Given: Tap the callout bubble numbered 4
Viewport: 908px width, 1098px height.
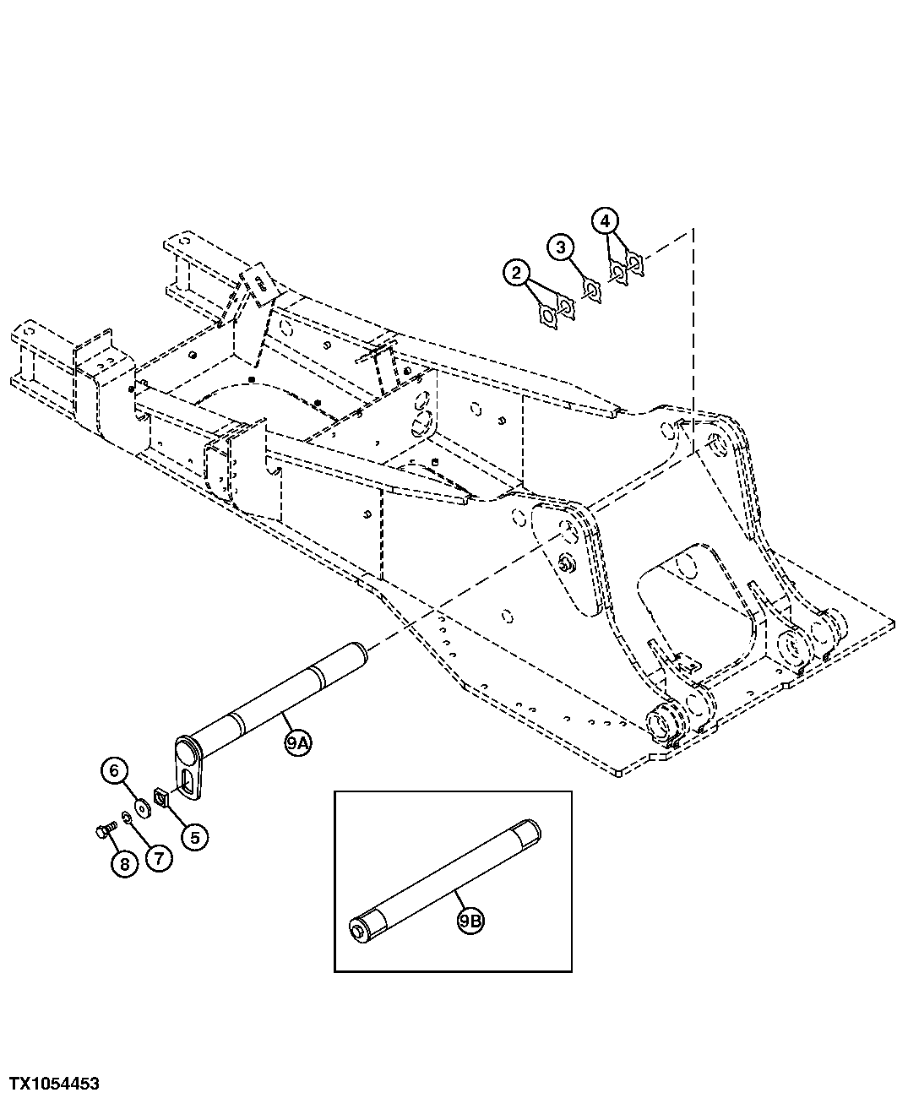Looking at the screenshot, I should pyautogui.click(x=605, y=220).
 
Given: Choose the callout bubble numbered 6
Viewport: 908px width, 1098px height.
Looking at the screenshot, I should pyautogui.click(x=115, y=770).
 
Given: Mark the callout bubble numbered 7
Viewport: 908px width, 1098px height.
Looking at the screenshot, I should pyautogui.click(x=158, y=858).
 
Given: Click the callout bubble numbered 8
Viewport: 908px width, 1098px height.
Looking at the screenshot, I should pyautogui.click(x=123, y=864).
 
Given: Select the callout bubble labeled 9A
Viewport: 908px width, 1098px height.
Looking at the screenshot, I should pyautogui.click(x=297, y=744).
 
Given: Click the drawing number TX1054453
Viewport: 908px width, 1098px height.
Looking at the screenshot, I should pyautogui.click(x=54, y=1084).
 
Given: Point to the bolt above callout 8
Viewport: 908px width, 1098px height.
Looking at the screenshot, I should pyautogui.click(x=102, y=832).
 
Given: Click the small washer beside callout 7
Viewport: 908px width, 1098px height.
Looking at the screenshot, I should pyautogui.click(x=126, y=817).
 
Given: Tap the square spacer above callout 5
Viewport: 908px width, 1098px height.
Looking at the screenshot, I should pyautogui.click(x=162, y=795).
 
